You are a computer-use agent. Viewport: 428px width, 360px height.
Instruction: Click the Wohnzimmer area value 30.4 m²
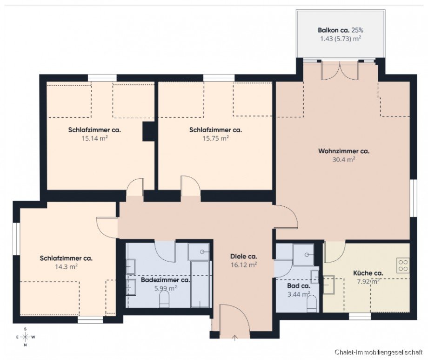click(x=343, y=159)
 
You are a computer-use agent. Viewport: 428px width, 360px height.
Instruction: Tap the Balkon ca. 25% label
click(x=341, y=30)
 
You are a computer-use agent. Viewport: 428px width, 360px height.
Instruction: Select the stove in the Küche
click(x=403, y=265)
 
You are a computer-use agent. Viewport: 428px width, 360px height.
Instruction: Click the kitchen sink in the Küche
click(x=329, y=284)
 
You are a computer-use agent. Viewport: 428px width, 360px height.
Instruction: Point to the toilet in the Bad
click(x=312, y=304)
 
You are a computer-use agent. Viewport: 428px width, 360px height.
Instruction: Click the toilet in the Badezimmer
click(x=165, y=302)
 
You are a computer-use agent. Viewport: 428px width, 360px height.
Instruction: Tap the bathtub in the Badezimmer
click(x=201, y=284)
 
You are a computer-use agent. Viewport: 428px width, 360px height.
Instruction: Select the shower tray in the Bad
click(x=303, y=255)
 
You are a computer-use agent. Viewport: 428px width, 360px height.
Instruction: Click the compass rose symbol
click(x=26, y=337)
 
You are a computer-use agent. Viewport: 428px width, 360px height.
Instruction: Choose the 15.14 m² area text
click(x=94, y=138)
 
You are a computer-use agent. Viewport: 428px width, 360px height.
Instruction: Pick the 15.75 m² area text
click(x=215, y=138)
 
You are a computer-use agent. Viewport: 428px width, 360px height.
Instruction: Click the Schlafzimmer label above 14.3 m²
click(x=66, y=258)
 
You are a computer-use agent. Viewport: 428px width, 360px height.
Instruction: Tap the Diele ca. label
click(x=244, y=256)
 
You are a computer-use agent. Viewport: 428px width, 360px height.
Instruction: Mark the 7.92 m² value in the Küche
click(x=367, y=281)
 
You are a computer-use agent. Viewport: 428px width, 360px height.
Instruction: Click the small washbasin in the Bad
click(x=315, y=277)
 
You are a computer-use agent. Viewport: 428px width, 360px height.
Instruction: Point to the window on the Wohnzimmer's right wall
click(x=412, y=198)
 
